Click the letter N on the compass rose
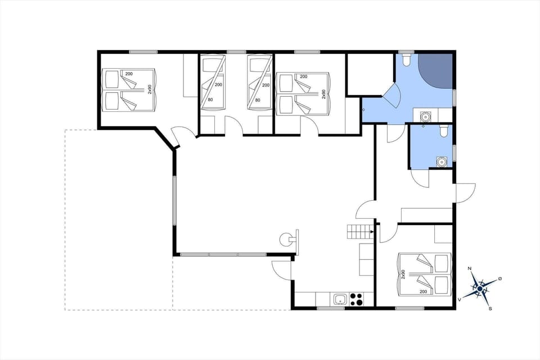[x=470, y=269]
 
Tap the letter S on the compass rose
[x=490, y=308]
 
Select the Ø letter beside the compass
[x=499, y=278]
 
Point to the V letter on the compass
[x=460, y=299]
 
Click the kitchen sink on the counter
[x=339, y=299]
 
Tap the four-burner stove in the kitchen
[x=357, y=299]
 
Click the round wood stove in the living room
[x=286, y=239]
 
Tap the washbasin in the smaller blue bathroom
[x=442, y=162]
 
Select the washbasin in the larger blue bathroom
[x=425, y=116]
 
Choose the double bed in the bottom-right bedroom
[x=424, y=274]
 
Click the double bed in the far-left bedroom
[x=129, y=89]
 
